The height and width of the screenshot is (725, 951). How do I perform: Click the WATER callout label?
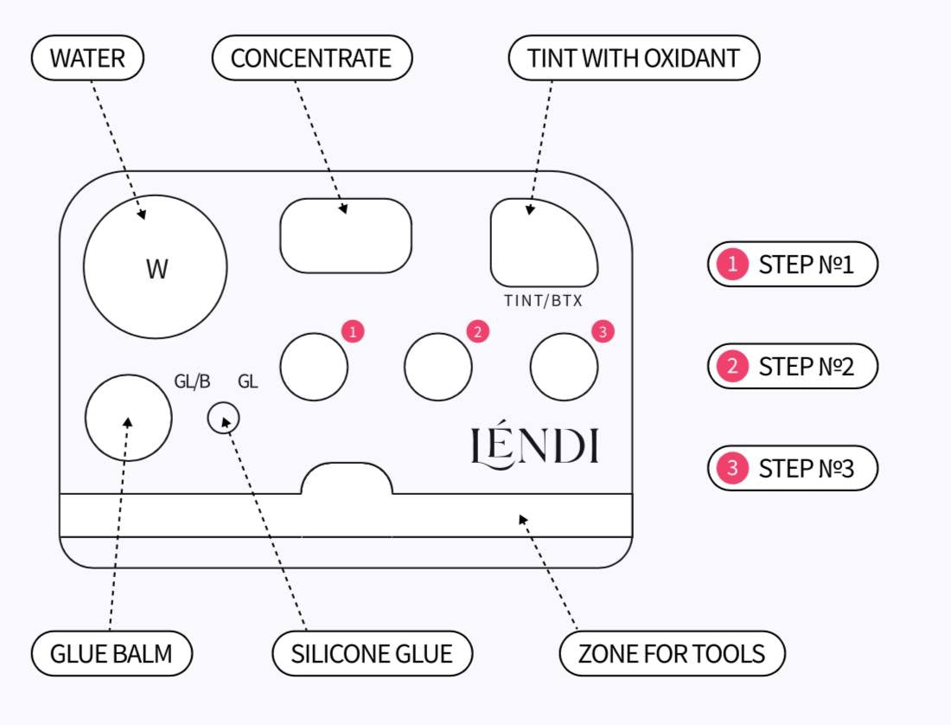click(87, 59)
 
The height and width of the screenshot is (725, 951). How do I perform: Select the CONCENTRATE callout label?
click(311, 59)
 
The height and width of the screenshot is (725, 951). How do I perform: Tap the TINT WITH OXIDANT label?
click(633, 59)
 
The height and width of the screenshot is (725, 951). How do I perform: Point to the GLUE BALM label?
click(112, 653)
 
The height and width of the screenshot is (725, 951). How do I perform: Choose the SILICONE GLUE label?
click(372, 653)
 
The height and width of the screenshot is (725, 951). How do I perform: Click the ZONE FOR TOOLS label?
click(672, 653)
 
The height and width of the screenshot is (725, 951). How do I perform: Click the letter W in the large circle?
click(156, 269)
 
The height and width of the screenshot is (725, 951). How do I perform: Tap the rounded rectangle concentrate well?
click(346, 235)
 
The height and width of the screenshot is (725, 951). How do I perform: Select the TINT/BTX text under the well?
click(543, 302)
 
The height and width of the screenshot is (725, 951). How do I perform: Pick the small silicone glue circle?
click(224, 419)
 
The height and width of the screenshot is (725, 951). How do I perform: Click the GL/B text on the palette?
click(192, 382)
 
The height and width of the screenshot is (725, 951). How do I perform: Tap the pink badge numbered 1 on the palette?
click(352, 330)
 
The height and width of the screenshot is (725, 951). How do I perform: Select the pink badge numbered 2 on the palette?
click(477, 330)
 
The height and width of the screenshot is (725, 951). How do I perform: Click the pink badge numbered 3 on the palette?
click(603, 330)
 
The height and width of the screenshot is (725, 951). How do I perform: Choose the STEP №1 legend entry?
click(792, 264)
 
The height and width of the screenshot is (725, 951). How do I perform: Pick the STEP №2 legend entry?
click(792, 366)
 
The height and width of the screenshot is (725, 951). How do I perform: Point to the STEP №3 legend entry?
click(792, 468)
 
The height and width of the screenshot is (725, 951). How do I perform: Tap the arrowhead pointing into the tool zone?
click(523, 519)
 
